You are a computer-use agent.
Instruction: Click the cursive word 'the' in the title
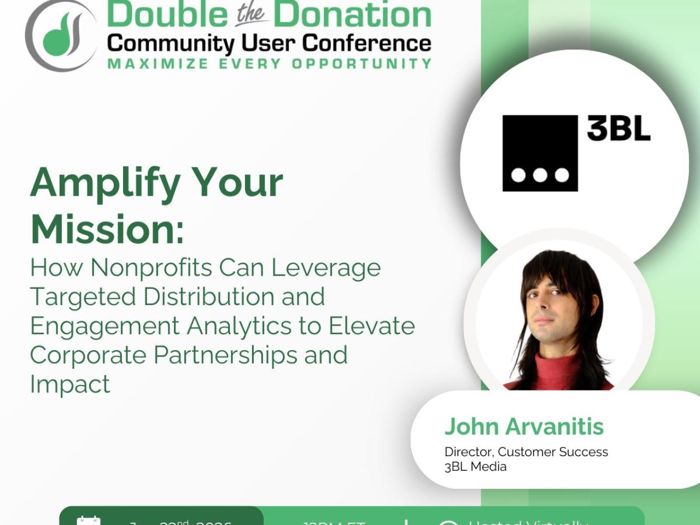tap(250, 14)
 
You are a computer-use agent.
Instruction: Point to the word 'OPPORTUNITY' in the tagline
tap(361, 64)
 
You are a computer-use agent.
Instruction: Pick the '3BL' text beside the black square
tap(619, 129)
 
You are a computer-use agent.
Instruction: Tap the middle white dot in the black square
tap(540, 175)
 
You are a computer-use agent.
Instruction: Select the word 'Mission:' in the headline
tap(107, 229)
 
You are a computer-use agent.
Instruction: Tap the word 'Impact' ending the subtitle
tap(70, 384)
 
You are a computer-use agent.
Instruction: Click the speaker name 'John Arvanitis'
tap(524, 427)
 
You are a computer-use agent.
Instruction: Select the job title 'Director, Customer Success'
tap(526, 452)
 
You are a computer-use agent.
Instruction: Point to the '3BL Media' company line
tap(475, 466)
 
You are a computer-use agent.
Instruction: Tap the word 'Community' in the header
tap(170, 43)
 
